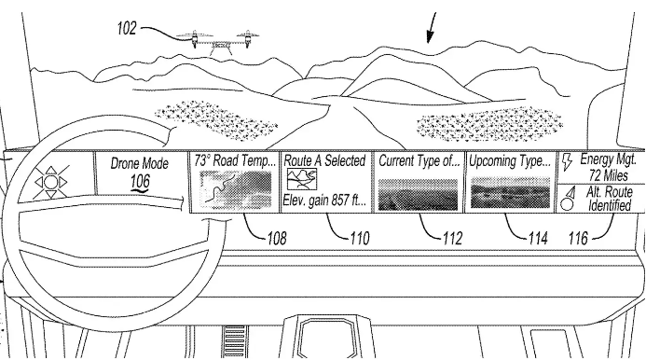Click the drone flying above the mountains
217,42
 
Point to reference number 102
127,29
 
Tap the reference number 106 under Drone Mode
140,182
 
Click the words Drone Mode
140,163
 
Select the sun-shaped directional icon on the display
50,182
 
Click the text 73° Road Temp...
235,160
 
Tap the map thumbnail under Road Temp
235,190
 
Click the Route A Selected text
324,160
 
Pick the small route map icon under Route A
302,179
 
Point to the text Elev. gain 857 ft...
324,201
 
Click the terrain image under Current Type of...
418,194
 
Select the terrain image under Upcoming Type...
510,192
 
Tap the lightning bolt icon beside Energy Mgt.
567,162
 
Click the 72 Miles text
608,175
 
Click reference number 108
277,238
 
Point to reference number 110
360,238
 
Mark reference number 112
452,238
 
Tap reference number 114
538,238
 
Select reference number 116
578,238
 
